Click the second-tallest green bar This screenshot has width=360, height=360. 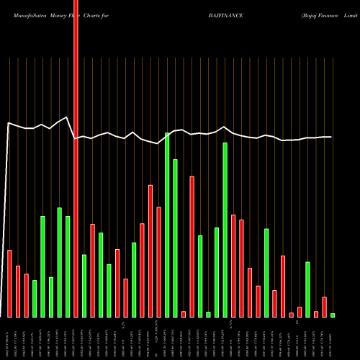[x=225, y=230]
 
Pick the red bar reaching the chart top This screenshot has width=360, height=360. [x=76, y=158]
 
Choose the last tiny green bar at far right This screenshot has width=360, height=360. [x=333, y=315]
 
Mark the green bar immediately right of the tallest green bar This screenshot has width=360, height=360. [x=176, y=238]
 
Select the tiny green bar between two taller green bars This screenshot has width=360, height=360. [x=209, y=314]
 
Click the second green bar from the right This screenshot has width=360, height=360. [x=307, y=289]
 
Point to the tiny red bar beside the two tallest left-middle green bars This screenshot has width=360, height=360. [x=184, y=314]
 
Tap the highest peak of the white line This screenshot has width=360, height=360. [x=68, y=116]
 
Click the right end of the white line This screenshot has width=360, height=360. [x=331, y=137]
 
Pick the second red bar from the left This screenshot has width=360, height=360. [x=18, y=291]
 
